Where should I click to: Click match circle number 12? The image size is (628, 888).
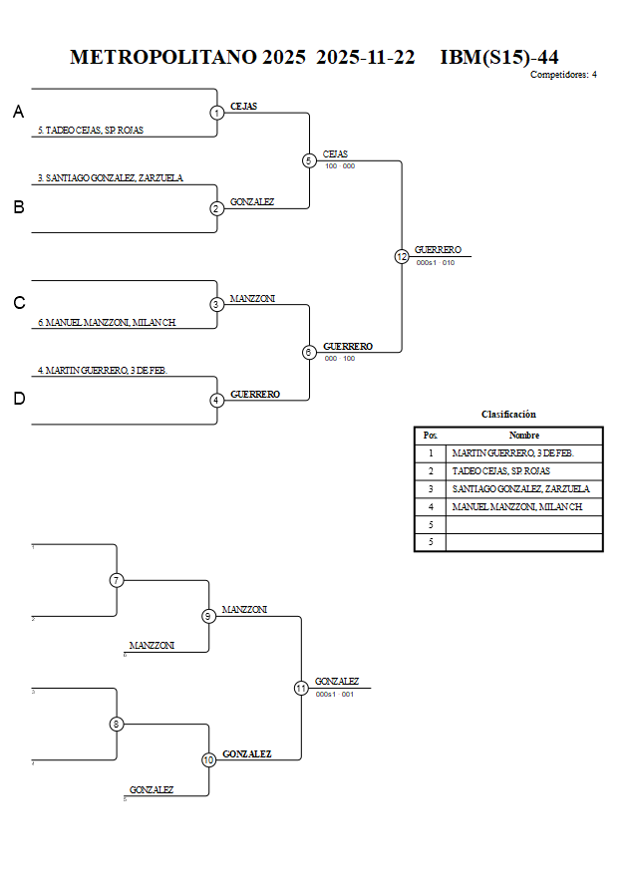(402, 256)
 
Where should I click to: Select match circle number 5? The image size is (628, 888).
(309, 160)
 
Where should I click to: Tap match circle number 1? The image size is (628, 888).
(217, 113)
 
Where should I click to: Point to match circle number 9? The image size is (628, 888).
(208, 616)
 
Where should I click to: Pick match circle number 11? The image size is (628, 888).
(301, 688)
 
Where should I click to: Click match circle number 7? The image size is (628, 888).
(117, 580)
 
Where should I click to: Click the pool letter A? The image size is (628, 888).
(19, 113)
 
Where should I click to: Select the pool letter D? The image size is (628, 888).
(19, 399)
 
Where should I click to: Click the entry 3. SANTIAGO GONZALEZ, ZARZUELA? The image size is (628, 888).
(111, 178)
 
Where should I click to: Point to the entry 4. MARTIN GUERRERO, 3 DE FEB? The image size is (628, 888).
(102, 370)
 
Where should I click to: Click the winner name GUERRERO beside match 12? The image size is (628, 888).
(438, 250)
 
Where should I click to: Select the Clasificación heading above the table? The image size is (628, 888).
(508, 414)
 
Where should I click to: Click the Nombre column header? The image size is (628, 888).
(523, 436)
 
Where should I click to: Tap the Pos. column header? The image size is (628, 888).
(430, 436)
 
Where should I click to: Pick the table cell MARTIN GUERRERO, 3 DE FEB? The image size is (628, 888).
(512, 453)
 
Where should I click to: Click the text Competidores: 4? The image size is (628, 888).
(563, 75)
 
